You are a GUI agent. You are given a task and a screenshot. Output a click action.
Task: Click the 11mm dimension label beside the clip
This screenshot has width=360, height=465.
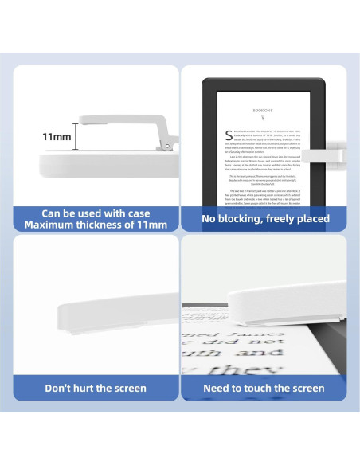pyautogui.click(x=57, y=137)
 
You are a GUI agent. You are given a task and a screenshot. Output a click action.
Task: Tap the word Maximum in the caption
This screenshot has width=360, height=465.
pyautogui.click(x=50, y=225)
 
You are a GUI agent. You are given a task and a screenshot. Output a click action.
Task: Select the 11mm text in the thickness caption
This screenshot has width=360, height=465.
pyautogui.click(x=149, y=225)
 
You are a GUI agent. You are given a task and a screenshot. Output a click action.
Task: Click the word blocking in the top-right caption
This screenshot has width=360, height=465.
pyautogui.click(x=248, y=218)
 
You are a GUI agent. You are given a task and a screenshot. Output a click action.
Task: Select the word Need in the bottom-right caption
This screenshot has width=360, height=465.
pyautogui.click(x=218, y=388)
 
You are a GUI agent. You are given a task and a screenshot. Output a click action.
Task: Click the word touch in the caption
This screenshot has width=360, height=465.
pyautogui.click(x=265, y=388)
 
